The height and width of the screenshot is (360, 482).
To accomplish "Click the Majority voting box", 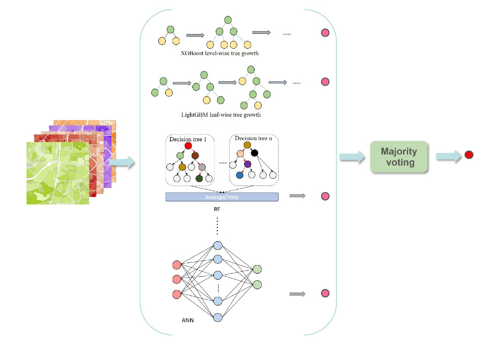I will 399,157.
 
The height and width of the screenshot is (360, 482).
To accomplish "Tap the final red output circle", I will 469,155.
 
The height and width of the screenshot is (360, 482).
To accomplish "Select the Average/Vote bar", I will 222,197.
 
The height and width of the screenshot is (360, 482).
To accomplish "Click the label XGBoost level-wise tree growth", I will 220,54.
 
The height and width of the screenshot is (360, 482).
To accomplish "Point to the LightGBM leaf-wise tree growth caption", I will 221,114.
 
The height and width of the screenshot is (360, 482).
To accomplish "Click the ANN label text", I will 187,320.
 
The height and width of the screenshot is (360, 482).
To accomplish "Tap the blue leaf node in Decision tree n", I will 239,175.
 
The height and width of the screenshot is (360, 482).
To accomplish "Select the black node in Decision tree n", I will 254,153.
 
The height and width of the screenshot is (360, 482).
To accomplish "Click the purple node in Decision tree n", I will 248,164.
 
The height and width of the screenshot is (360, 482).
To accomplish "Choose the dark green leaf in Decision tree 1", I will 199,178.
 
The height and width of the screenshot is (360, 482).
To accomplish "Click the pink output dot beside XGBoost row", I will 325,33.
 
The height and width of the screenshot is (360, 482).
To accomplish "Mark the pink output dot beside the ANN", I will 325,293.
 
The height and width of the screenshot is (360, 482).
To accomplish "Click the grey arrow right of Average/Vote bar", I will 297,196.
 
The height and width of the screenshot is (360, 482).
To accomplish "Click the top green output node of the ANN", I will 257,269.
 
